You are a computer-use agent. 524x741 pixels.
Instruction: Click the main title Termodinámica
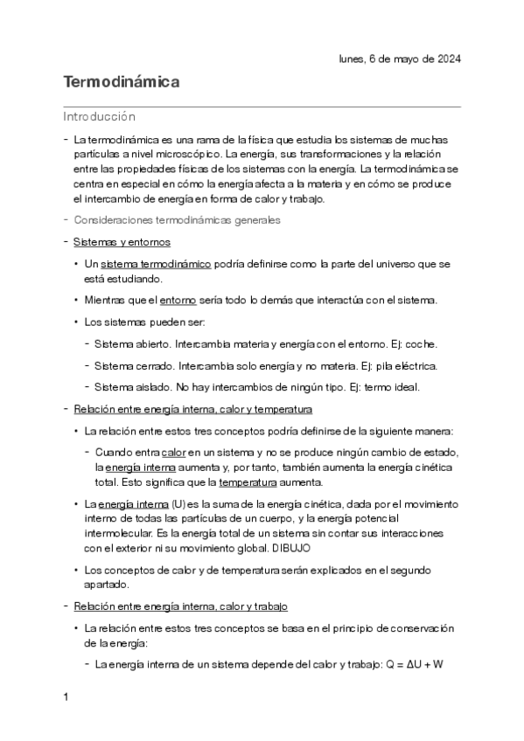122,83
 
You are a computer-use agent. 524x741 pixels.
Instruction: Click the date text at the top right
399,59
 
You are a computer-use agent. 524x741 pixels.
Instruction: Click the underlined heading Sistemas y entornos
122,241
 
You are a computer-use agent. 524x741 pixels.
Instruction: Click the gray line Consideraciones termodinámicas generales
177,220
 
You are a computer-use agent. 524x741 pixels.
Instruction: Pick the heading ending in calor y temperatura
193,409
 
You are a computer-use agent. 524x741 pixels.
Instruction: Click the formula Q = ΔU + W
415,664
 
